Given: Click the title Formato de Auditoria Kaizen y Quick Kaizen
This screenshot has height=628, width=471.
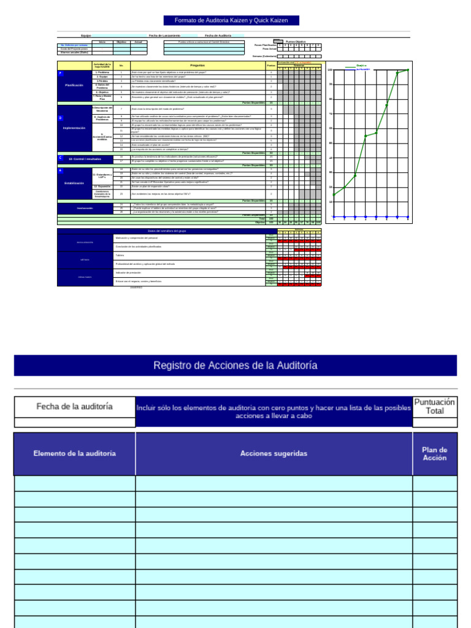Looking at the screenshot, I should click(231, 21).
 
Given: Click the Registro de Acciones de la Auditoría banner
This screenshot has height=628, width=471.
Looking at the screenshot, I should click(235, 366).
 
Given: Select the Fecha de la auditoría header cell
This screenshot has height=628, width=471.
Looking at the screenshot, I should click(75, 406).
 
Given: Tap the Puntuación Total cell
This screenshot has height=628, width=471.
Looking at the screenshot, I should click(434, 406).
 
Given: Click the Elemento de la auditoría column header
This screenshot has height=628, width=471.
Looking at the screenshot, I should click(75, 454).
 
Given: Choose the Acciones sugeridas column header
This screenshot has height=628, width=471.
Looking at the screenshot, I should click(274, 454).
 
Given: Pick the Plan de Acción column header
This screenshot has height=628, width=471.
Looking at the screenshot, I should click(434, 454).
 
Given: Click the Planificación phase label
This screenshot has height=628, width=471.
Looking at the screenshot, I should click(74, 85).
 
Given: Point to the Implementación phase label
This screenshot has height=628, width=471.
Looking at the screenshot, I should click(74, 128).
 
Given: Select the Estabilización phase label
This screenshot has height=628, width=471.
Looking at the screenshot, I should click(74, 183).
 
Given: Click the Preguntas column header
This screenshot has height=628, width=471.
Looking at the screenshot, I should click(197, 65).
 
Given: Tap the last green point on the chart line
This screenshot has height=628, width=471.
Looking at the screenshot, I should click(408, 69).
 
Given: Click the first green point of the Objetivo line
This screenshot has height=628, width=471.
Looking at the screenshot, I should click(334, 195).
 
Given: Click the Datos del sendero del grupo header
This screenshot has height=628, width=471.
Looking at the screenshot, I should click(167, 231).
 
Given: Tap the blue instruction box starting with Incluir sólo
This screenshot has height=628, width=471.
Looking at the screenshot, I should click(274, 412).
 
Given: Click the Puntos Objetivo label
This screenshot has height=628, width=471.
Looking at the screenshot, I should click(296, 41).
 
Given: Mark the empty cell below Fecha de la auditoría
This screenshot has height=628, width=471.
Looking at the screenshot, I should click(75, 422).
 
